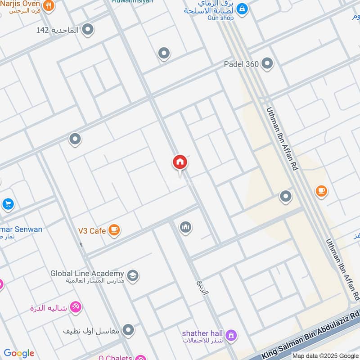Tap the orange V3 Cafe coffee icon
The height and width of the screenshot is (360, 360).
coord(114,230)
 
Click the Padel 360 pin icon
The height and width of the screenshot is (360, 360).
coord(267,63)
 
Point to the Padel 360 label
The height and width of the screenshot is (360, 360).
coord(241,64)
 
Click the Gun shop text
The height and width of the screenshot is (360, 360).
coord(220,18)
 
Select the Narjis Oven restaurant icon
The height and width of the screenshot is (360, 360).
coord(49,5)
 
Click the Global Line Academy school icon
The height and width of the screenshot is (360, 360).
coord(132,275)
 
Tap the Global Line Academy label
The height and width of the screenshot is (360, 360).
coord(87,274)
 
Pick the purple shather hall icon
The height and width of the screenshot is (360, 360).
coord(231,335)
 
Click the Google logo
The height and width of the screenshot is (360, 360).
coord(19,353)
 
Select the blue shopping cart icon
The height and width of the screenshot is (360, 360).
coord(8,204)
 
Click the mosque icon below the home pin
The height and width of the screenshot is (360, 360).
coord(185,228)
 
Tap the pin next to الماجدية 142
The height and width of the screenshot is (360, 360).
coord(88,30)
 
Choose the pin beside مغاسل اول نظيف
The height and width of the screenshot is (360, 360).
coord(128,330)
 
